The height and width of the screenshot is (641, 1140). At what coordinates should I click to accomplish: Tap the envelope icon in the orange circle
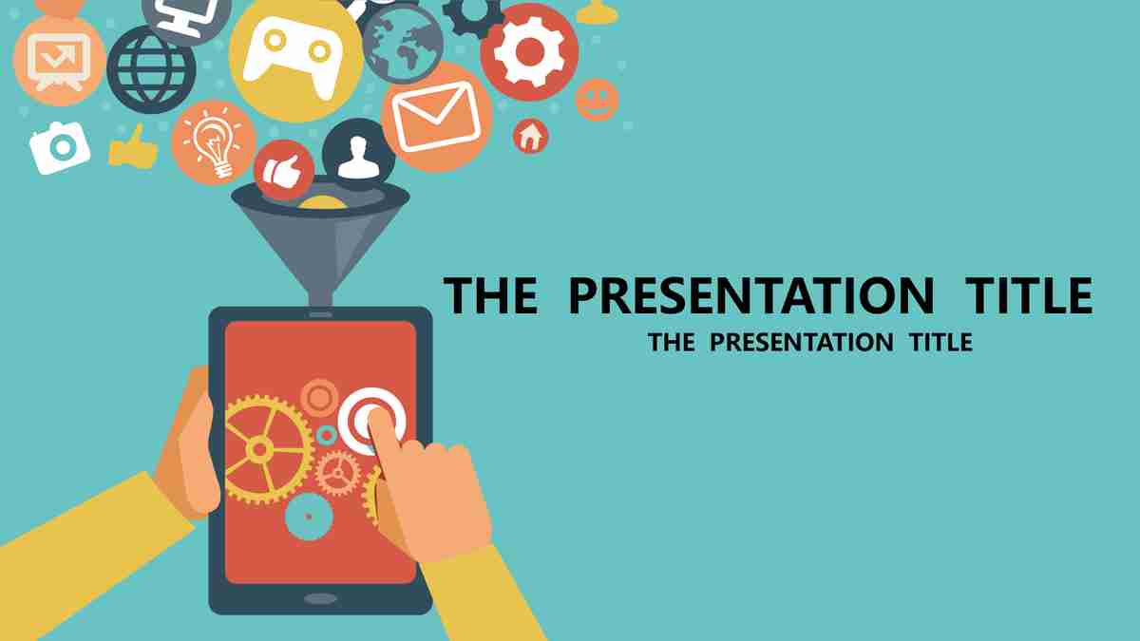(x=437, y=117)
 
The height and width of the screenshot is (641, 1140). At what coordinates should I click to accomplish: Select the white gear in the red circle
(x=529, y=51)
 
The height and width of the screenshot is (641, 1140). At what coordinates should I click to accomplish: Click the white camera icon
(x=60, y=147)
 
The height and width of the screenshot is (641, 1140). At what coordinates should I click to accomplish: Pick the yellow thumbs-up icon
(x=133, y=147)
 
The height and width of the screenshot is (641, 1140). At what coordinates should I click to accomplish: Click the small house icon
(x=530, y=137)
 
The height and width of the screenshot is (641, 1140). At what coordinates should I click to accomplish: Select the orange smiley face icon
(x=597, y=100)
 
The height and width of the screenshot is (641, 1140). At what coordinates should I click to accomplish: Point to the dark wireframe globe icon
(x=151, y=69)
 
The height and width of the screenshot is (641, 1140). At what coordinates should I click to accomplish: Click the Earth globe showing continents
(x=403, y=44)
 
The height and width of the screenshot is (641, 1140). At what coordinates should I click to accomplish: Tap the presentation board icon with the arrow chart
(x=59, y=61)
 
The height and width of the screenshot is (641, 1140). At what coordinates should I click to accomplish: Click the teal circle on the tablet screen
(x=309, y=517)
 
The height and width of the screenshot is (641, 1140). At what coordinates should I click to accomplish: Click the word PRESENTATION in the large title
(x=751, y=295)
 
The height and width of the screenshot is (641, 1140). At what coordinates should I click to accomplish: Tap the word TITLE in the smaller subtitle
(x=941, y=342)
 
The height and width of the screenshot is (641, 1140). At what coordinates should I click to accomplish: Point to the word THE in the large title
(x=490, y=295)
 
